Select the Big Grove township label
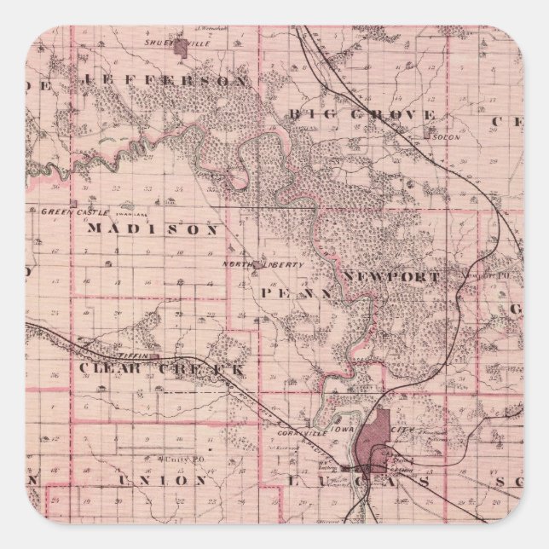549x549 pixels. pos(361,113)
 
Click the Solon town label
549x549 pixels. pos(441,136)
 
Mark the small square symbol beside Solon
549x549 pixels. pos(427,135)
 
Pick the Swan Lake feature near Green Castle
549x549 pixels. pos(125,205)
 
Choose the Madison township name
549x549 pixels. pos(153,228)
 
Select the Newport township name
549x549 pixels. pos(392,277)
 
